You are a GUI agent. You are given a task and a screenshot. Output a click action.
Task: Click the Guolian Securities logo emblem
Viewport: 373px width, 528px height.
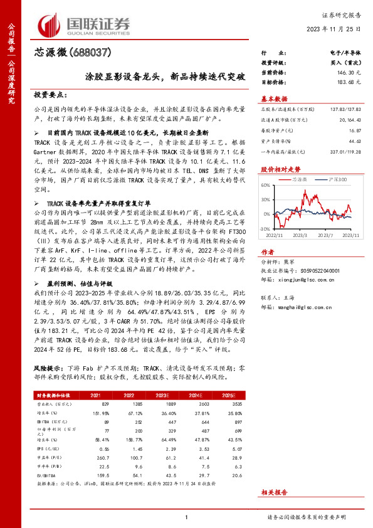pyautogui.click(x=50, y=23)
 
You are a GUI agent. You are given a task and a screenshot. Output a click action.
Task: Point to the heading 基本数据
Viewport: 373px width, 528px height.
pyautogui.click(x=273, y=98)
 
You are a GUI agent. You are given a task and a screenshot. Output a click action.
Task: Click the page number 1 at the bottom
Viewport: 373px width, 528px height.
pyautogui.click(x=186, y=517)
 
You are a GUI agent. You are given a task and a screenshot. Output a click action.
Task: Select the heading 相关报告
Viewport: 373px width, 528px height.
pyautogui.click(x=274, y=494)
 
